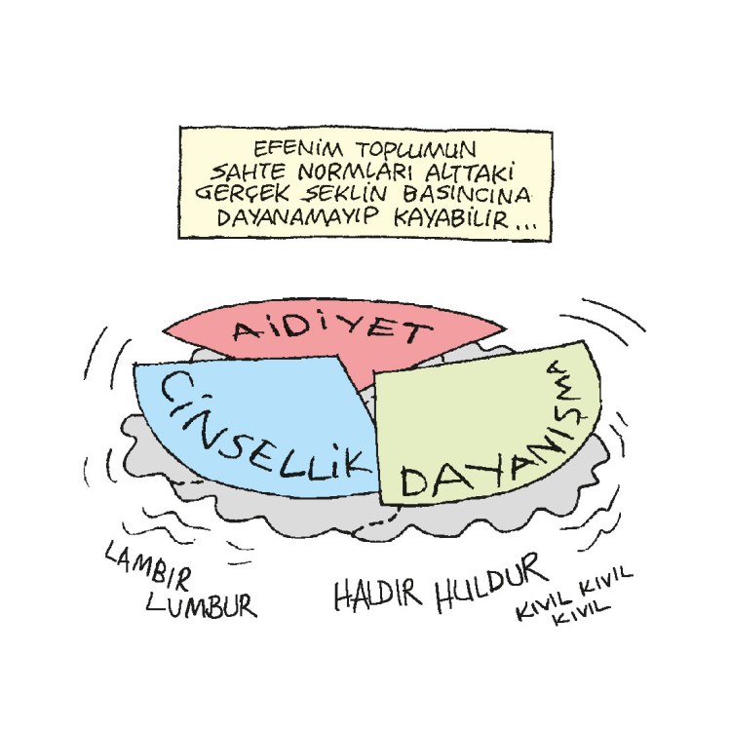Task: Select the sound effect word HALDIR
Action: point(378,594)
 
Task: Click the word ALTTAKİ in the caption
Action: point(480,172)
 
